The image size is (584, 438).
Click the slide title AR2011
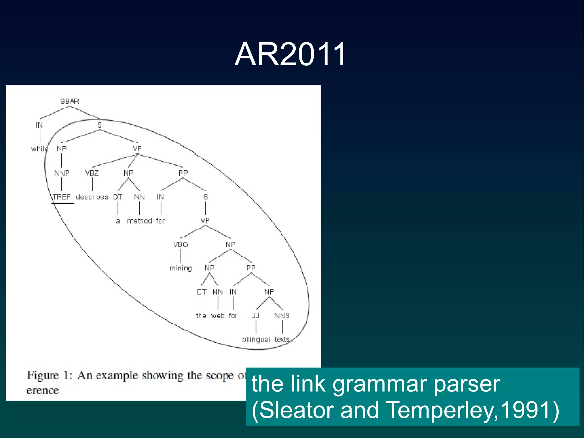(290, 54)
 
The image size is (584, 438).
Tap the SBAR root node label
(70, 101)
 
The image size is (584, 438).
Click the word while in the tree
(39, 149)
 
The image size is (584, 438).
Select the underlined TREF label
(62, 197)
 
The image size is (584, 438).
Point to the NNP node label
(62, 173)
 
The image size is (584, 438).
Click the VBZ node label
(92, 173)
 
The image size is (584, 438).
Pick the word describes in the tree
(92, 197)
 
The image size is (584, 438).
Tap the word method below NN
(139, 221)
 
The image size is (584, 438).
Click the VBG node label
(181, 245)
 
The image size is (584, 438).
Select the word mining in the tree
(181, 268)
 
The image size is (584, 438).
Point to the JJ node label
(256, 316)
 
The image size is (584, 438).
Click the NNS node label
(282, 316)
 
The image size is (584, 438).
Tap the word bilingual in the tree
(256, 340)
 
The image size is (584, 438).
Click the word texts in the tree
(282, 340)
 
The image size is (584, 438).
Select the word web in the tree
(218, 316)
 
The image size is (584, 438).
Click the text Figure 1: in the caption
(49, 375)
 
